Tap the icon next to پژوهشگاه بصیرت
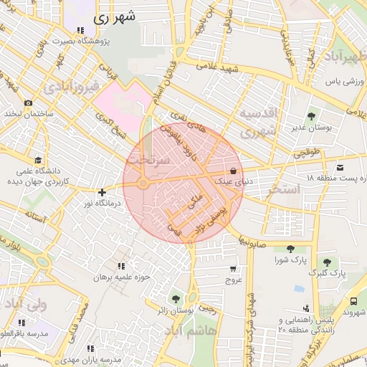80,31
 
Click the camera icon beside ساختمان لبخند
29,104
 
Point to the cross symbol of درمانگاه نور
103,192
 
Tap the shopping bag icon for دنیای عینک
234,171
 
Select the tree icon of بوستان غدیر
310,116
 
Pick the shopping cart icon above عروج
232,269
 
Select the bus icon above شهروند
354,302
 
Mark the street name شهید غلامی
218,66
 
